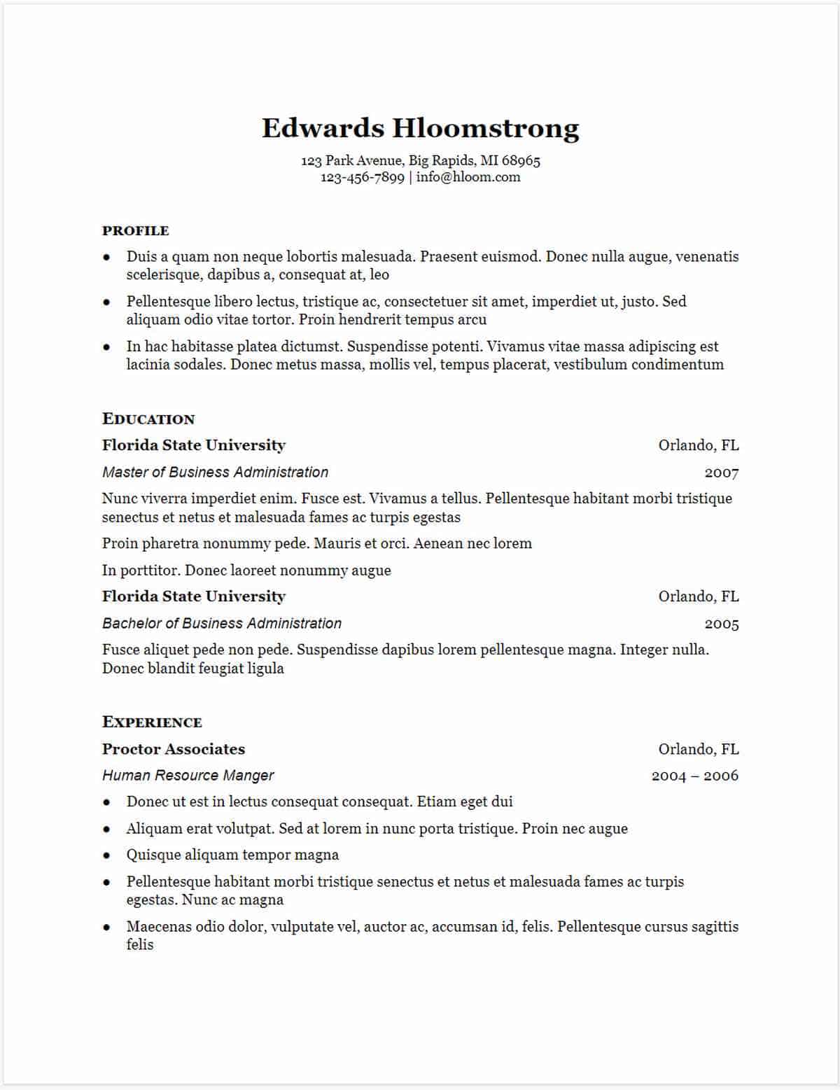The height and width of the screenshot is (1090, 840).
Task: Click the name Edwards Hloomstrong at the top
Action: click(420, 128)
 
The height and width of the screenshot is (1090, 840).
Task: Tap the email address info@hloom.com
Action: click(468, 177)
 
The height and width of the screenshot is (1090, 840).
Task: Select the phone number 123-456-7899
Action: click(362, 177)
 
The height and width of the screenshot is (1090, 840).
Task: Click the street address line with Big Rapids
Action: click(420, 160)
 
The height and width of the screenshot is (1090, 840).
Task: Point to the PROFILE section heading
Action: click(135, 231)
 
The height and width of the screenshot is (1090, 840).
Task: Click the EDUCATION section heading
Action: click(148, 419)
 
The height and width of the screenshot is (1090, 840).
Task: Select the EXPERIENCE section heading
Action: click(152, 722)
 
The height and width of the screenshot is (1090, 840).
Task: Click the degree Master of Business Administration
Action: click(215, 472)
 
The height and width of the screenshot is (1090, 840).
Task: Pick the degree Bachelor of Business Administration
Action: click(222, 623)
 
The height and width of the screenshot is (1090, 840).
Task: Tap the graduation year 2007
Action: click(721, 473)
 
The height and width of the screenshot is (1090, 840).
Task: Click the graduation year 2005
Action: click(721, 624)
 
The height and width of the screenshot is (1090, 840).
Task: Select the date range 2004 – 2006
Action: click(694, 776)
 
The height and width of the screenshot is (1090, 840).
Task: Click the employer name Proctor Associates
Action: click(174, 749)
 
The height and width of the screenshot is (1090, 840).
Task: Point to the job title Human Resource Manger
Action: click(188, 776)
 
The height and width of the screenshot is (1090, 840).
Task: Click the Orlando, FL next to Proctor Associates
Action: click(698, 749)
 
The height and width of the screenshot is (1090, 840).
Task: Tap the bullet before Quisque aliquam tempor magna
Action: click(106, 855)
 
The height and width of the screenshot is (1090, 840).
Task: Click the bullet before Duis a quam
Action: click(106, 257)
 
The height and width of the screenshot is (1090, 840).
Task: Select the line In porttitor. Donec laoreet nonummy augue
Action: click(246, 570)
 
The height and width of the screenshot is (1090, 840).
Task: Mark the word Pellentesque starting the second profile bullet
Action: click(169, 302)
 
